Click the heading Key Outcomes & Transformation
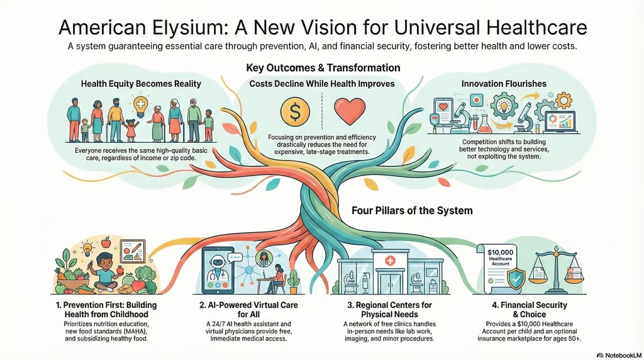coord(323,68)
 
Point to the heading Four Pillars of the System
coord(412,210)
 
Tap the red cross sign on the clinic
coord(389,261)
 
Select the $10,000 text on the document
coord(500,252)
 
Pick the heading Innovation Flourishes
coord(504,84)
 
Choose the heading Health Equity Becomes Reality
coord(141,84)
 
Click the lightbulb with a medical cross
coord(140,105)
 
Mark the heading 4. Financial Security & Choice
coord(530,310)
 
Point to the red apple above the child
coord(106,242)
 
